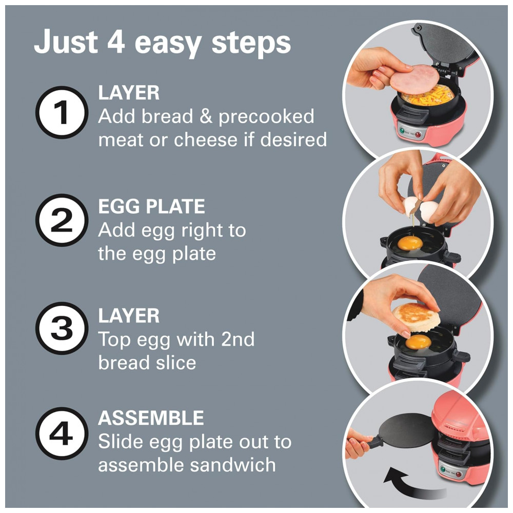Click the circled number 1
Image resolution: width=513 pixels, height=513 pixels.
[62, 112]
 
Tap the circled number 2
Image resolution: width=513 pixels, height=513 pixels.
[62, 220]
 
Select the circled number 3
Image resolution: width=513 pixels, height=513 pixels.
[62, 328]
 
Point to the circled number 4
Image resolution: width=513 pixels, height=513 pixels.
[62, 434]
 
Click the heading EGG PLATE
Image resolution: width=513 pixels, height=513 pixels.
[151, 206]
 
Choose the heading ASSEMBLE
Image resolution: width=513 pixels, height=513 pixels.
[151, 418]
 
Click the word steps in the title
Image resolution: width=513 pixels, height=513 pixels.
[251, 43]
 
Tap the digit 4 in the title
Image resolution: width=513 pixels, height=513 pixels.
[116, 42]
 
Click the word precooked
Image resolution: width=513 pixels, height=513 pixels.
[266, 117]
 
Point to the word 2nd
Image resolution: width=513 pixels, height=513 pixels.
[238, 339]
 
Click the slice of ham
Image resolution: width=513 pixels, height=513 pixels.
[415, 80]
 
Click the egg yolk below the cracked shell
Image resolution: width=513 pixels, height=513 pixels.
[410, 243]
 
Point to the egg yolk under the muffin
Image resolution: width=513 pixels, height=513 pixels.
[418, 342]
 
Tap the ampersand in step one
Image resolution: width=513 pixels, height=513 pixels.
[206, 117]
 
